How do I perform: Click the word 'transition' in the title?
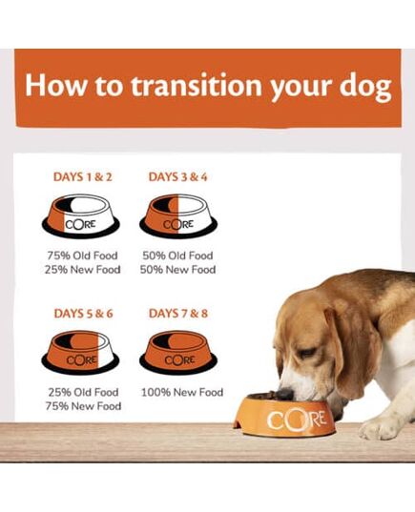197,85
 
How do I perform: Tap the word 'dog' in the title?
365,87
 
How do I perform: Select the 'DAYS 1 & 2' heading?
83,177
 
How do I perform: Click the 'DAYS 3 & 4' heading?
177,177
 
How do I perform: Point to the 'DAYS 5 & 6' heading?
83,314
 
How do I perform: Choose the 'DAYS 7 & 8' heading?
178,314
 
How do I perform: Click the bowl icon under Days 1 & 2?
81,215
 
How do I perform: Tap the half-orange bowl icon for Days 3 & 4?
178,215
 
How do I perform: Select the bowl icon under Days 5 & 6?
80,353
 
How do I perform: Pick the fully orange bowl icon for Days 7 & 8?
178,353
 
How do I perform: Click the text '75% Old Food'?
83,256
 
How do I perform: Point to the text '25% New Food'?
83,270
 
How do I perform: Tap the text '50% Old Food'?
177,256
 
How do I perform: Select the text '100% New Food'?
182,392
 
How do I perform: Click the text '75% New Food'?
83,406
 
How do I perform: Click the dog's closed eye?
307,354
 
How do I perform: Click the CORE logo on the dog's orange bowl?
297,420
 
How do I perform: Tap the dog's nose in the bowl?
285,394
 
